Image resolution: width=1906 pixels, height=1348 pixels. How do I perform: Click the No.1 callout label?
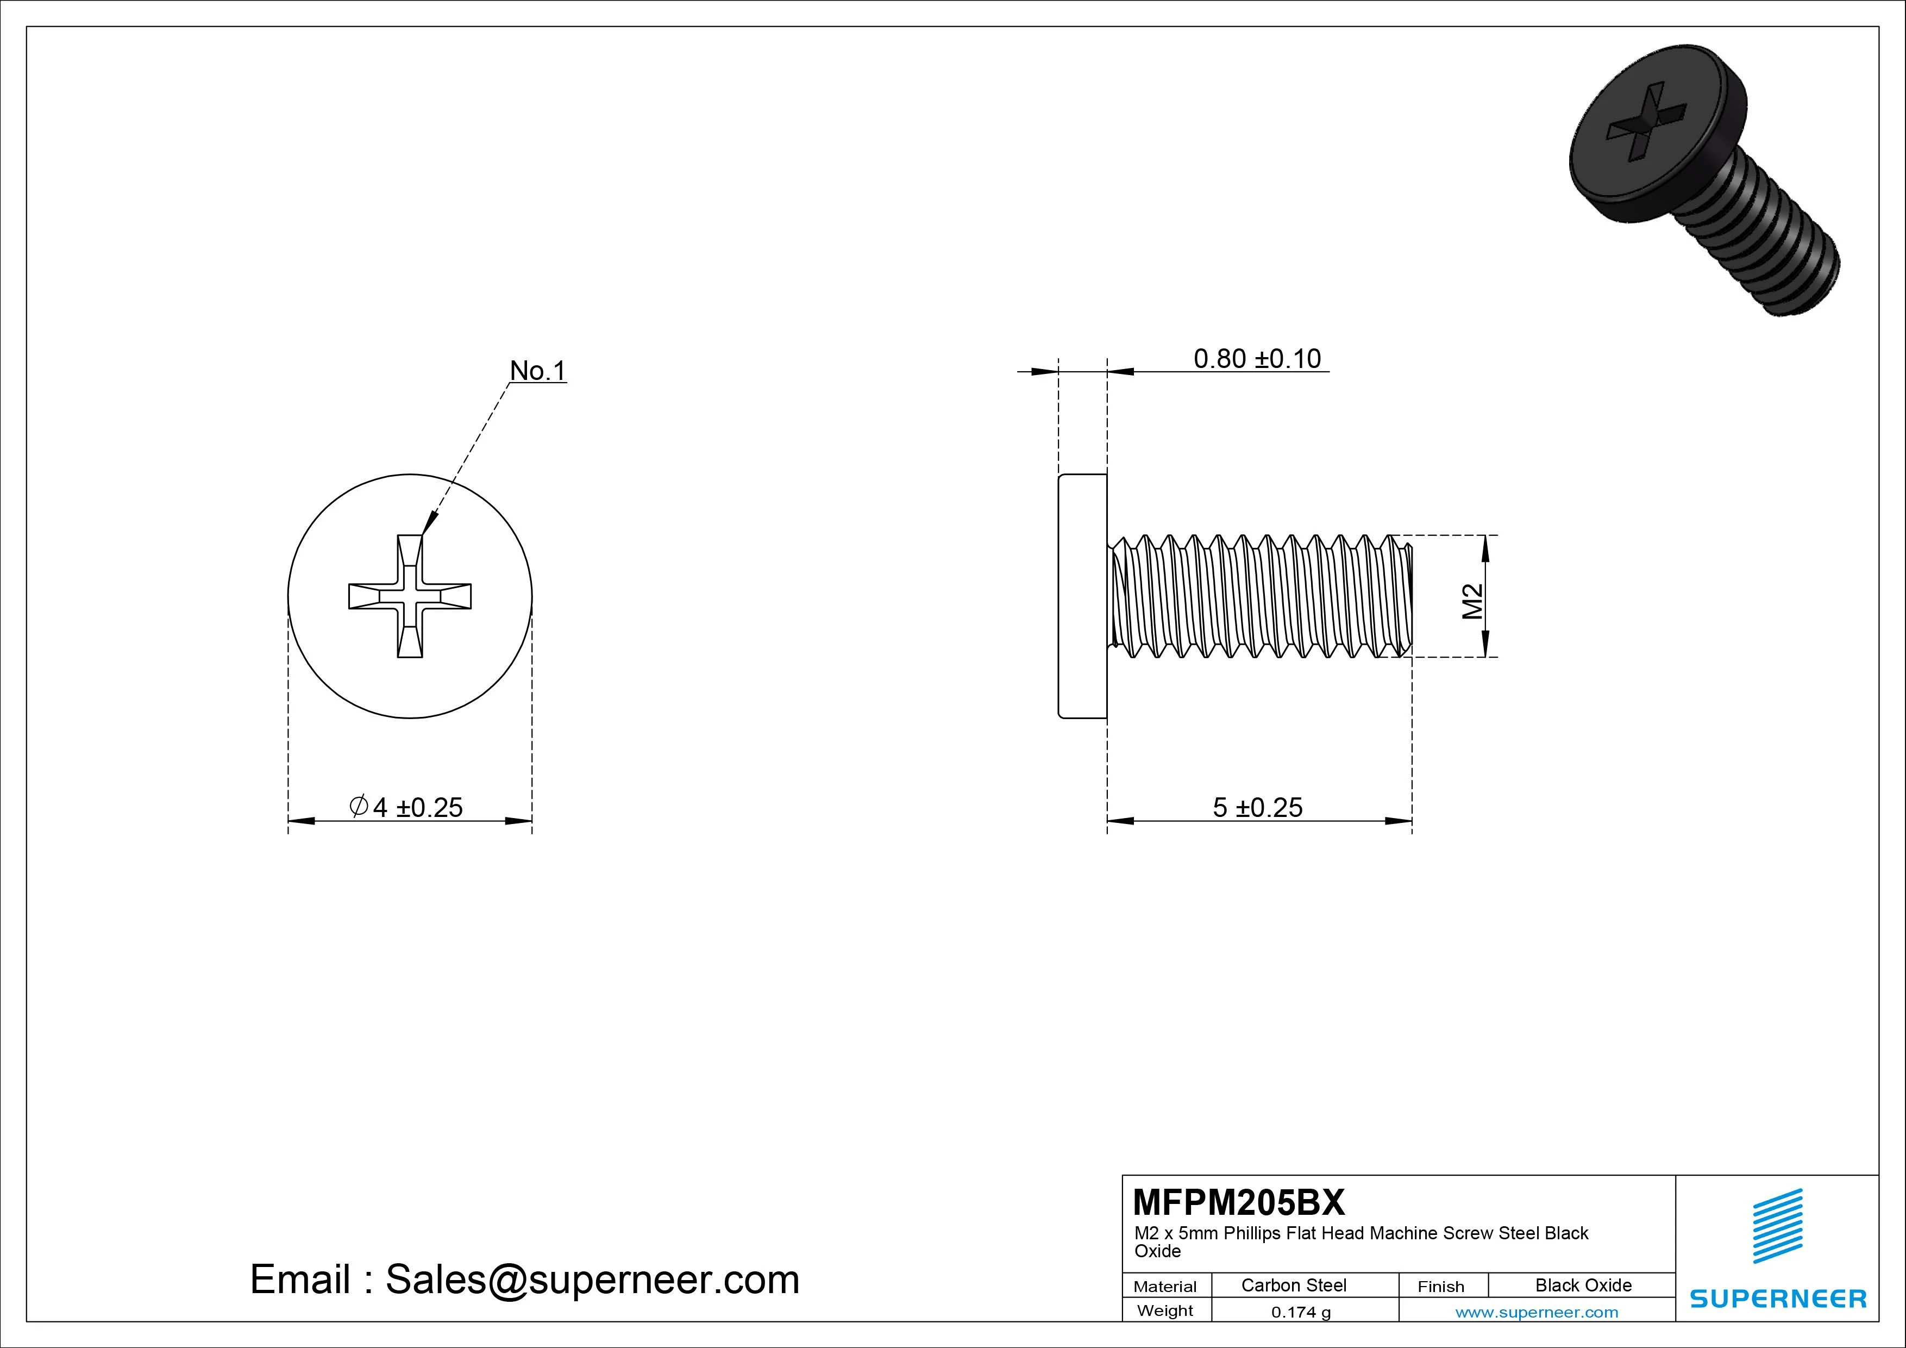point(537,371)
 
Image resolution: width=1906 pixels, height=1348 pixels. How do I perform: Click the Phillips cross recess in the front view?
point(410,596)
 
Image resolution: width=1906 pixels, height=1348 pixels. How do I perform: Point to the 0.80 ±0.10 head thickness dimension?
point(1256,359)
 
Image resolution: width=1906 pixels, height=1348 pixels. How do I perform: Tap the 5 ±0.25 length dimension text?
point(1257,807)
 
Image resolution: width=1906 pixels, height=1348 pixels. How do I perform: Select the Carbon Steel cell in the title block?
point(1293,1285)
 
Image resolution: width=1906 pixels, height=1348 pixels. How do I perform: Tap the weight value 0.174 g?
point(1300,1312)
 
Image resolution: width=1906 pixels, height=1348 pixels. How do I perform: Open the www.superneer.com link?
point(1536,1312)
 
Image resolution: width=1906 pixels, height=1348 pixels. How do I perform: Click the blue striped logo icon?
point(1777,1226)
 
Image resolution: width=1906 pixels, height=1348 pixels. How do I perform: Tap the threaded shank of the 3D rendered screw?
point(1768,241)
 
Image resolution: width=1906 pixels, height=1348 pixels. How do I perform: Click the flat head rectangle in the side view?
point(1082,596)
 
